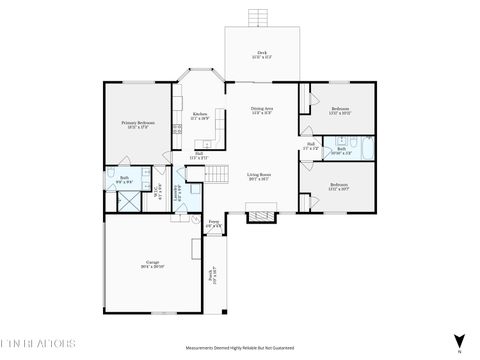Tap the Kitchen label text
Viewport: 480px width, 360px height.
coord(200,116)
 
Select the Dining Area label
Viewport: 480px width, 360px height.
coord(262,111)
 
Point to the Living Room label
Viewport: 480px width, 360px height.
coord(259,177)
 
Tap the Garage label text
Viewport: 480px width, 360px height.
coord(152,265)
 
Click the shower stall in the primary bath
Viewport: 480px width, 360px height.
coord(127,199)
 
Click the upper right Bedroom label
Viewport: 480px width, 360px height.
coord(340,111)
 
